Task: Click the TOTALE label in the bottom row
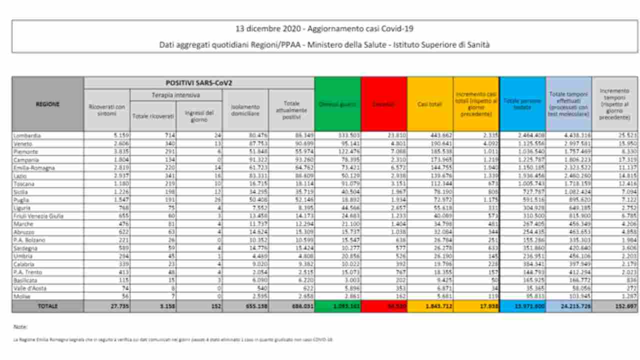(x=47, y=306)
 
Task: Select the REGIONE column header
(x=47, y=104)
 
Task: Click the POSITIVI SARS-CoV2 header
(x=199, y=82)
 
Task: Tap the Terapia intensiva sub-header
(x=176, y=94)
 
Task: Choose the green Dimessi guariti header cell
(x=337, y=104)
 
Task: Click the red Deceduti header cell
(x=383, y=104)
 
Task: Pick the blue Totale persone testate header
(x=522, y=104)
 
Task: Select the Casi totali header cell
(x=429, y=104)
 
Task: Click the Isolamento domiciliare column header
(x=245, y=110)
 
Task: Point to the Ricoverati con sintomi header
(x=107, y=110)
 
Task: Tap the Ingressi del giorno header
(x=199, y=116)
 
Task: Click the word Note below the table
(x=20, y=327)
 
